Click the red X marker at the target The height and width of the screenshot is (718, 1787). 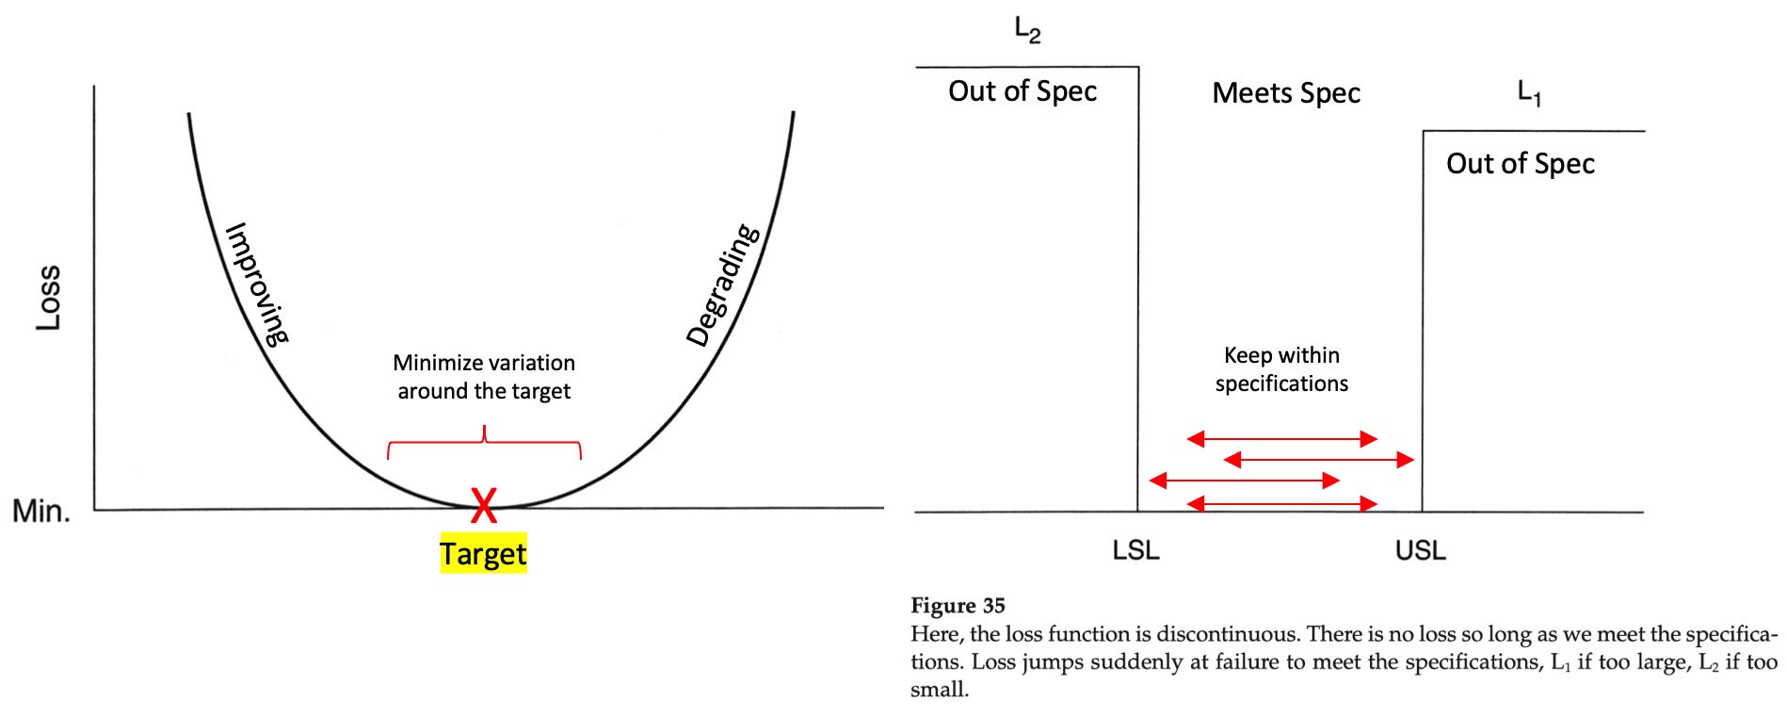pyautogui.click(x=483, y=505)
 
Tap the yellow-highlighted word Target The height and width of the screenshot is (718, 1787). pyautogui.click(x=483, y=553)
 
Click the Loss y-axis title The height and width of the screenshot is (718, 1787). pyautogui.click(x=48, y=297)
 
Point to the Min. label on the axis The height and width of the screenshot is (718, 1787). pyautogui.click(x=41, y=512)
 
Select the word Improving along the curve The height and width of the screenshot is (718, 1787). pyautogui.click(x=257, y=283)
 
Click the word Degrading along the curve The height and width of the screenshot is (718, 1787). pyautogui.click(x=723, y=285)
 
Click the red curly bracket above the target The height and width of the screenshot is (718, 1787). pyautogui.click(x=484, y=442)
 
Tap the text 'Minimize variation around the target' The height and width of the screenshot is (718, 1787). pyautogui.click(x=484, y=376)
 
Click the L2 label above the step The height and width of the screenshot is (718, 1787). pyautogui.click(x=1027, y=31)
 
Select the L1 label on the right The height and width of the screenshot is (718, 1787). pyautogui.click(x=1529, y=92)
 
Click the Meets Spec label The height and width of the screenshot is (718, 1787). pyautogui.click(x=1285, y=92)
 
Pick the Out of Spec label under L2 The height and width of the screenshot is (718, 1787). pyautogui.click(x=1022, y=90)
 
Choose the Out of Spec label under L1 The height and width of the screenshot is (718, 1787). pyautogui.click(x=1521, y=163)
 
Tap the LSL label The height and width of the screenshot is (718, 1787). pyautogui.click(x=1135, y=549)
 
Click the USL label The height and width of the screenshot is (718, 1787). pyautogui.click(x=1420, y=549)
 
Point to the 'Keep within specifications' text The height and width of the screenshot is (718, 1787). pyautogui.click(x=1281, y=368)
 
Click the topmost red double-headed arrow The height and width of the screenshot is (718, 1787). pyautogui.click(x=1281, y=438)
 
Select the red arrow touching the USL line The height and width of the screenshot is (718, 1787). pyautogui.click(x=1318, y=460)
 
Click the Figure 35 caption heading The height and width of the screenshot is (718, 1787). pyautogui.click(x=958, y=606)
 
